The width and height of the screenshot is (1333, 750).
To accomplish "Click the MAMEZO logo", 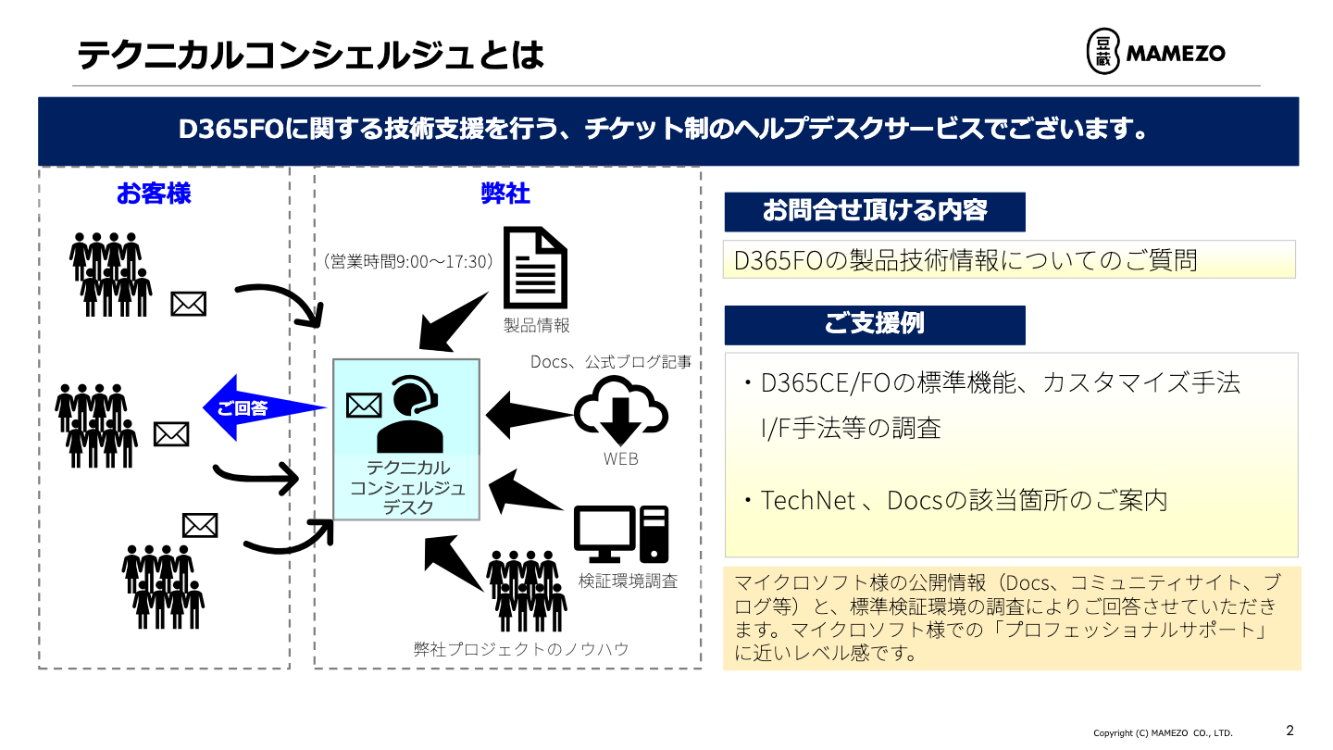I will [x=1155, y=52].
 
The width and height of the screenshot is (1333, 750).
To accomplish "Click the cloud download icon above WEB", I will [x=621, y=416].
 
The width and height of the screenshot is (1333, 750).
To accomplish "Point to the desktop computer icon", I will [x=621, y=534].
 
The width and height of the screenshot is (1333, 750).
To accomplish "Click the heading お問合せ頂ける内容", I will [x=874, y=211].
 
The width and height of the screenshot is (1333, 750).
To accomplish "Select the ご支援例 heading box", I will [x=874, y=324].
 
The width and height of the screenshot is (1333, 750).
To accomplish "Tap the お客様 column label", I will [x=154, y=194].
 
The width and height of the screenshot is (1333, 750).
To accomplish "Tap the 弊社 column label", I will [x=505, y=194].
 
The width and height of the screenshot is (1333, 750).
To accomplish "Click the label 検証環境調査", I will [x=628, y=581].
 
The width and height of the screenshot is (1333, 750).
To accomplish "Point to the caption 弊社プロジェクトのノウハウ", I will [x=521, y=649].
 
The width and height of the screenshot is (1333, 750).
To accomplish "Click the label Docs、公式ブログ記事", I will [x=611, y=362].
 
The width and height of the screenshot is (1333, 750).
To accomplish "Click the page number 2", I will [x=1290, y=730].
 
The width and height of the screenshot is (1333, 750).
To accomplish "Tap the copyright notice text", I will [x=1163, y=733].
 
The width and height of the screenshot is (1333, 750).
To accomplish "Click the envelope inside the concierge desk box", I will [x=364, y=405].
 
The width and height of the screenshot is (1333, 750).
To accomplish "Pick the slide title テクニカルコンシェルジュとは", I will [x=310, y=56].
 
